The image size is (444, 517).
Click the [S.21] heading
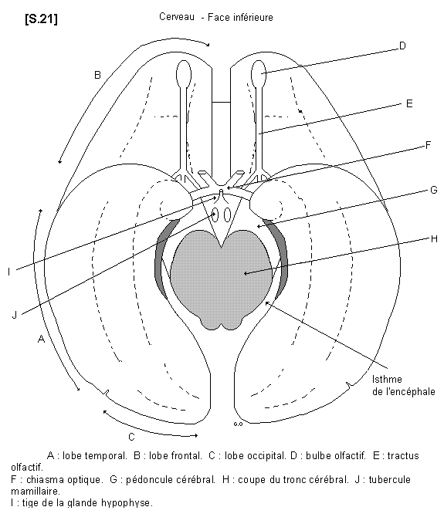pyautogui.click(x=41, y=19)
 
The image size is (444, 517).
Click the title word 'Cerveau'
pyautogui.click(x=177, y=17)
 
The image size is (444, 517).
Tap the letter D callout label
pyautogui.click(x=402, y=46)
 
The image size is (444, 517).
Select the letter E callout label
pyautogui.click(x=409, y=103)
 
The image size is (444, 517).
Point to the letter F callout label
pyautogui.click(x=428, y=145)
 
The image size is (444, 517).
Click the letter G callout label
pyautogui.click(x=434, y=190)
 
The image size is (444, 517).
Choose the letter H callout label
pyautogui.click(x=434, y=238)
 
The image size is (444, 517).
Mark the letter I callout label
pyautogui.click(x=9, y=272)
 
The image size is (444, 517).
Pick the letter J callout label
pyautogui.click(x=14, y=315)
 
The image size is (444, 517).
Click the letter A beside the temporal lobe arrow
pyautogui.click(x=41, y=339)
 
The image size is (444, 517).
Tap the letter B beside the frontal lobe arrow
pyautogui.click(x=97, y=75)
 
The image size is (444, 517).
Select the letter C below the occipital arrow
pyautogui.click(x=131, y=437)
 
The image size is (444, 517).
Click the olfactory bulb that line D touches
pyautogui.click(x=259, y=73)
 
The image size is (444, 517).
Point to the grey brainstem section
pyautogui.click(x=221, y=279)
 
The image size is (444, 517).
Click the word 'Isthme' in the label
pyautogui.click(x=387, y=379)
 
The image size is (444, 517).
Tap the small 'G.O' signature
pyautogui.click(x=238, y=424)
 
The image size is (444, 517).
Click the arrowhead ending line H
pyautogui.click(x=246, y=272)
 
